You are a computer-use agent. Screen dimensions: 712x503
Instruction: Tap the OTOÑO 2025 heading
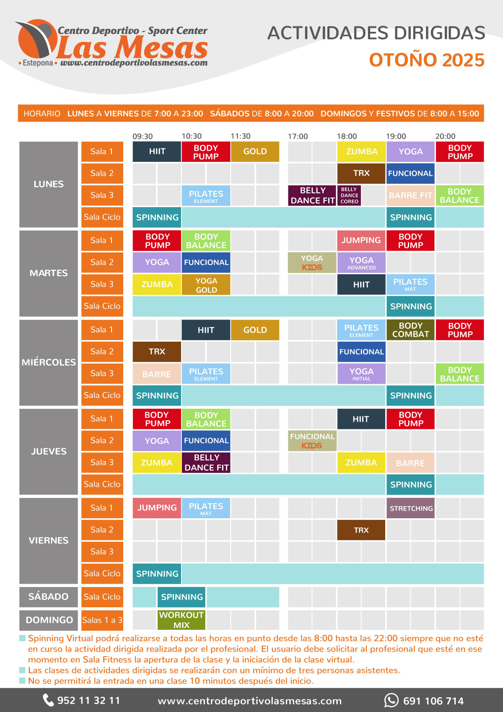[x=426, y=60]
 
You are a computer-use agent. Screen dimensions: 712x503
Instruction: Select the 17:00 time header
[x=298, y=136]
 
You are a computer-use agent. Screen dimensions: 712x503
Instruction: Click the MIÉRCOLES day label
[x=49, y=362]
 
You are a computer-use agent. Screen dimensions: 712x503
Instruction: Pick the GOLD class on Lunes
[x=255, y=151]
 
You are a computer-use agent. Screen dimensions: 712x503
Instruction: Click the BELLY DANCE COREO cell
[x=349, y=195]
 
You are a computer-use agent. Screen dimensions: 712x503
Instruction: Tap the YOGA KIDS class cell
[x=312, y=262]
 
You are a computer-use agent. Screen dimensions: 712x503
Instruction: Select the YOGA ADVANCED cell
[x=361, y=262]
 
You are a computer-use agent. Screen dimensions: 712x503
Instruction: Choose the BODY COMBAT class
[x=410, y=330]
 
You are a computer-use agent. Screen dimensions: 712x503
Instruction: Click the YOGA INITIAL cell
[x=361, y=374]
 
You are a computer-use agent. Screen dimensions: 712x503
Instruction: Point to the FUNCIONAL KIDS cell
[x=312, y=441]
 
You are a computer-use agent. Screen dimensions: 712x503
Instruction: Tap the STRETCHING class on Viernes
[x=411, y=508]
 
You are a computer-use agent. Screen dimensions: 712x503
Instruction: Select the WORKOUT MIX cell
[x=181, y=620]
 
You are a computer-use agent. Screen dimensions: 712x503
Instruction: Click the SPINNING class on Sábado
[x=181, y=597]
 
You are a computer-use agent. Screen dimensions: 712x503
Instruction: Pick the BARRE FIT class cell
[x=410, y=195]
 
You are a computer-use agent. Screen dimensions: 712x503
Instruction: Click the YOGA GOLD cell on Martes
[x=206, y=285]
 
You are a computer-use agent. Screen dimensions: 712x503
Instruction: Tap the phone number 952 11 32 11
[x=88, y=700]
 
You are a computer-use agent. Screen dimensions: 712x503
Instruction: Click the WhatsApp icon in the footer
[x=391, y=700]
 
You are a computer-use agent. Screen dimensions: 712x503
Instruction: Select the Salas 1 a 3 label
[x=102, y=620]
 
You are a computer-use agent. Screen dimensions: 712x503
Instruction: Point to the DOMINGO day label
[x=49, y=620]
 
